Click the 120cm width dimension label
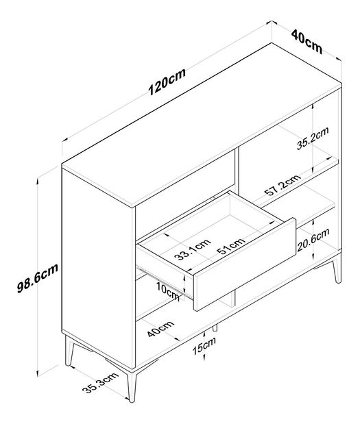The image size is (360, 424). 167,82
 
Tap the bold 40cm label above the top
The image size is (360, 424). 307,41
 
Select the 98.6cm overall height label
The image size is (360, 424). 38,278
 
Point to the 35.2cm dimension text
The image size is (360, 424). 313,138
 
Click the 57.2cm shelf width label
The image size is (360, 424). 283,185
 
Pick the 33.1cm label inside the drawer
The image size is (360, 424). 192,249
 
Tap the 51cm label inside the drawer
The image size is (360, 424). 231,245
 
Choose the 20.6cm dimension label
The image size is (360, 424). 313,240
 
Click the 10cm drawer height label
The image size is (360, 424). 168,290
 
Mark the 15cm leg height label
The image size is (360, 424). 204,347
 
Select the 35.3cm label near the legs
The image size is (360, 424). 101,383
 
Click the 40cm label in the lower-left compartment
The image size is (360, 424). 160,329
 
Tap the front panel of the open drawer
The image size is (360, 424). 245,264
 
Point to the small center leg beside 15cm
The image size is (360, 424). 215,327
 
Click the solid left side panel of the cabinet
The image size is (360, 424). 97,268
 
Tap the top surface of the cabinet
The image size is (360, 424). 202,125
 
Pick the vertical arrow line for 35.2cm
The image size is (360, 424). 313,138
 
